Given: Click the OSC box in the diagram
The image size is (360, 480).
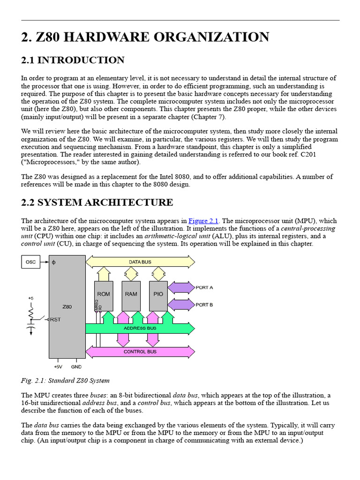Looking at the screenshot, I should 30,262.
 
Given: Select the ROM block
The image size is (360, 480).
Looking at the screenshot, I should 104,294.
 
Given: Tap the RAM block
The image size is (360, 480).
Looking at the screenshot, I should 131,294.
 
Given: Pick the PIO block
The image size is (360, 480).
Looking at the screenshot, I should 158,294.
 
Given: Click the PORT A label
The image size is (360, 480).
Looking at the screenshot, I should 204,287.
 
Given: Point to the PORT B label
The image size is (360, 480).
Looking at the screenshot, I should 204,305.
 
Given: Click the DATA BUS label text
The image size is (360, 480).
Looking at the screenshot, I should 140,262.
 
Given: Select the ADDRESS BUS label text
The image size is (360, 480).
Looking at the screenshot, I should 140,328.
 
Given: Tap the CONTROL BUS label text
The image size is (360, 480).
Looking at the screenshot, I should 140,352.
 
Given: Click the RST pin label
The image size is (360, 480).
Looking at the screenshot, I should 55,320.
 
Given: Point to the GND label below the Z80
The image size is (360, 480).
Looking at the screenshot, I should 76,367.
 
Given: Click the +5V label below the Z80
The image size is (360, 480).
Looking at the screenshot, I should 58,367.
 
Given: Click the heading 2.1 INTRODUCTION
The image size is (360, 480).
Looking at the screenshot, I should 73,60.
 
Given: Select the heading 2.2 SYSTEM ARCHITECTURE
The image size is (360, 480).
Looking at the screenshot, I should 97,202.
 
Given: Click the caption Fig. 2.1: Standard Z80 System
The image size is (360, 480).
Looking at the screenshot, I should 65,380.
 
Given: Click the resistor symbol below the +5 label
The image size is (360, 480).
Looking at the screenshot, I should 31,311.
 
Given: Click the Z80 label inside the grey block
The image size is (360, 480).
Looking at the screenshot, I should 67,307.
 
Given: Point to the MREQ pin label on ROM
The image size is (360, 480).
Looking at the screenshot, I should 97,305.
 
